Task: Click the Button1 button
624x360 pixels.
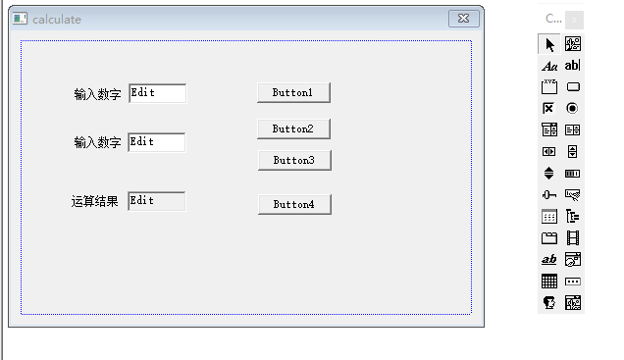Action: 293,92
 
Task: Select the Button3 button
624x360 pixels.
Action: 294,160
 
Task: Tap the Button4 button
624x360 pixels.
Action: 294,204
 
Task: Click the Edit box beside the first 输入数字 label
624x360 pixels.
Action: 157,93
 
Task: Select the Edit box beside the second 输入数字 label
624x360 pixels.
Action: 157,142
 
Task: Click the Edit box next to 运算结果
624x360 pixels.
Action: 157,201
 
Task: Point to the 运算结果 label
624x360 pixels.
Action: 95,202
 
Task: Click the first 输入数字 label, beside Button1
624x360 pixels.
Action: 97,94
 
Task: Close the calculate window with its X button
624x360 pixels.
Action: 463,19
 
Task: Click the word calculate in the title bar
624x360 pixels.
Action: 57,20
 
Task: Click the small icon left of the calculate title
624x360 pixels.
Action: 20,19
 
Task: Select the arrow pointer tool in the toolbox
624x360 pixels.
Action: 549,44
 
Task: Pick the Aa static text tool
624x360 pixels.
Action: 549,66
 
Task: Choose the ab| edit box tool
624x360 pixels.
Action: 573,65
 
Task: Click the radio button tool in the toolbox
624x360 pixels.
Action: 573,108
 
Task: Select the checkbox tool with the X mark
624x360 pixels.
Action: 549,108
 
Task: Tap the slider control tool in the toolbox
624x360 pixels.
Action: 549,194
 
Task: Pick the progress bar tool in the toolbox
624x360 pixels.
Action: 573,173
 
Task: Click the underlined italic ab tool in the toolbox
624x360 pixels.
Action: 549,259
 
